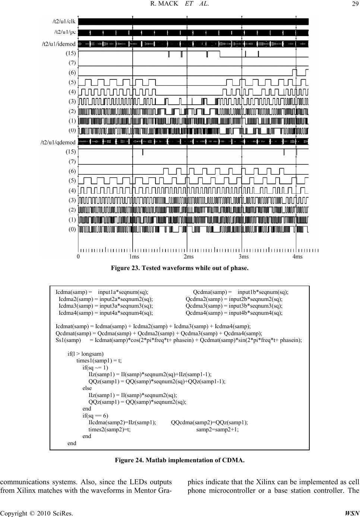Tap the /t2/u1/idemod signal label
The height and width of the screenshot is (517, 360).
pyautogui.click(x=59, y=44)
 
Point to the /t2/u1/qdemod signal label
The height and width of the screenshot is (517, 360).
pyautogui.click(x=58, y=142)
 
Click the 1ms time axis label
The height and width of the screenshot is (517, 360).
pyautogui.click(x=134, y=257)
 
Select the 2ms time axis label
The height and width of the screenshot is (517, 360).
pyautogui.click(x=189, y=257)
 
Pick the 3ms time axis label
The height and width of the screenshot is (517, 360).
pyautogui.click(x=243, y=257)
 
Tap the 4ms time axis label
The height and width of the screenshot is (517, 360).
pyautogui.click(x=297, y=257)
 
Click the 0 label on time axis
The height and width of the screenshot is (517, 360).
pyautogui.click(x=78, y=257)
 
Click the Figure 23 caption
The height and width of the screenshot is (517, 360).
pyautogui.click(x=180, y=268)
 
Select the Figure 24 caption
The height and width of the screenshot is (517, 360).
pyautogui.click(x=180, y=460)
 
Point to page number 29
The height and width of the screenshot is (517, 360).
pyautogui.click(x=354, y=4)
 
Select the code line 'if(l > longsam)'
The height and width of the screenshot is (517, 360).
pyautogui.click(x=85, y=354)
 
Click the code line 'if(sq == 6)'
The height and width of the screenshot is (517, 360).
pyautogui.click(x=95, y=415)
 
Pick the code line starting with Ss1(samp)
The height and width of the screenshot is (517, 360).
pyautogui.click(x=179, y=340)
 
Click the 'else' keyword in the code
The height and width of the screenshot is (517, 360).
pyautogui.click(x=87, y=388)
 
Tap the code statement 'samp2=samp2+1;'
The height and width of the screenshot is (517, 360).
pyautogui.click(x=217, y=429)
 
